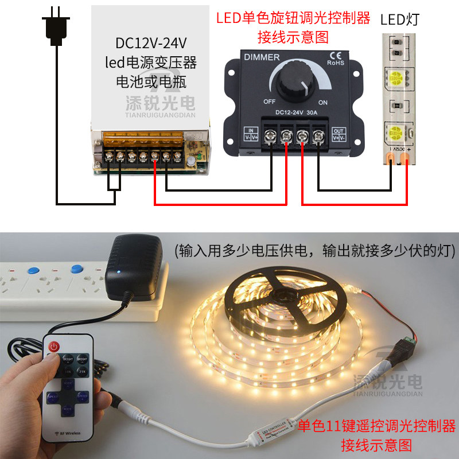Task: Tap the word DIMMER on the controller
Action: click(x=262, y=57)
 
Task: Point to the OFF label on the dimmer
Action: click(x=270, y=102)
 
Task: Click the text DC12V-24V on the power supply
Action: click(x=151, y=44)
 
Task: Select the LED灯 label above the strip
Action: click(x=400, y=20)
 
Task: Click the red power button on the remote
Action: click(x=54, y=347)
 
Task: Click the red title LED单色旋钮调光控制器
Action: click(x=293, y=18)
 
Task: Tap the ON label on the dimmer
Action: click(x=322, y=102)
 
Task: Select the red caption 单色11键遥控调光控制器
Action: click(x=376, y=426)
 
